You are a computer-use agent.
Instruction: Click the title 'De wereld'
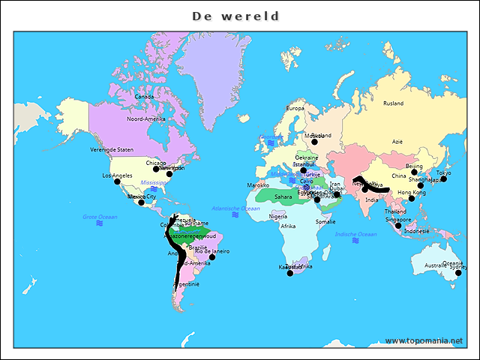point(235,16)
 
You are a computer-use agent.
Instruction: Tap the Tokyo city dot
point(443,178)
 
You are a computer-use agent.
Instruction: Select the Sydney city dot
point(458,272)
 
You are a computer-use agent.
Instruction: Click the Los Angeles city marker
point(117,181)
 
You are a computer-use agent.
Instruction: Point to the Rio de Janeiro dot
point(211,256)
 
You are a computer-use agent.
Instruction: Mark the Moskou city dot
point(315,141)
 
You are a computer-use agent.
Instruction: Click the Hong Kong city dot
point(411,198)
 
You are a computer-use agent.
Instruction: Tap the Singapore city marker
point(398,225)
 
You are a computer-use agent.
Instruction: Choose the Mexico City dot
point(141,202)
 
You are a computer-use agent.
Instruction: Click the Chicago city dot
point(156,169)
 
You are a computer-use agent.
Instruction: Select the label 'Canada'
point(144,97)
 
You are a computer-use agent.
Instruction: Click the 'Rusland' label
point(393,103)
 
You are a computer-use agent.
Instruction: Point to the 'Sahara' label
point(283,197)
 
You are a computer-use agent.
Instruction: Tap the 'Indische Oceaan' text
point(355,235)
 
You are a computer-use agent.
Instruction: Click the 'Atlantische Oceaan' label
point(235,208)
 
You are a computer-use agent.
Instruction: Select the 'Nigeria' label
point(277,216)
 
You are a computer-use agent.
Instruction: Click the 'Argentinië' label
point(187,284)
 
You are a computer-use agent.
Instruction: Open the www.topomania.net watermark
point(424,340)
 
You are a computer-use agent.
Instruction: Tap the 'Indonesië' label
point(417,232)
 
